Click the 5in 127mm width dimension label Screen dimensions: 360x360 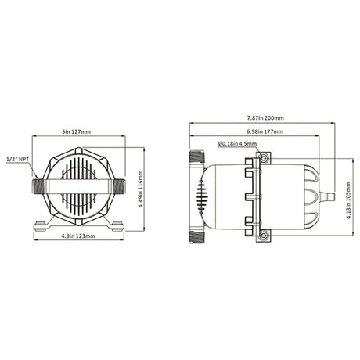80,131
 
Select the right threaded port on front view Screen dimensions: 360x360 119,188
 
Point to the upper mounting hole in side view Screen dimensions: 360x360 264,160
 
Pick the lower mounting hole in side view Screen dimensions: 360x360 264,235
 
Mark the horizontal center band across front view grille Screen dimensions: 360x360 78,188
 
